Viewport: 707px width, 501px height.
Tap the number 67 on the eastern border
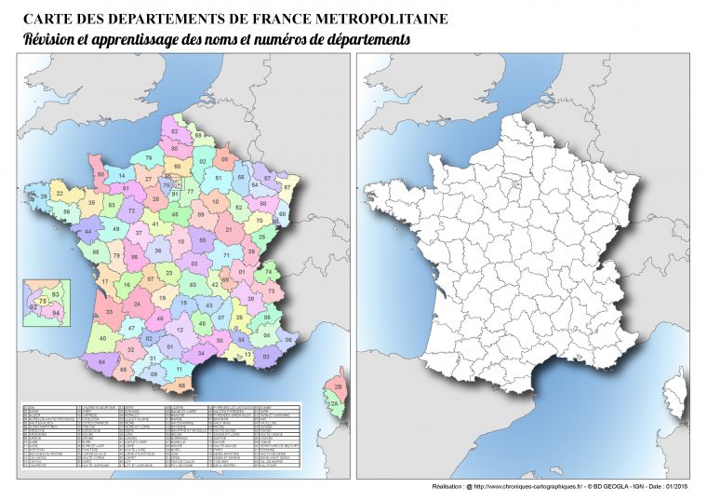[287, 187]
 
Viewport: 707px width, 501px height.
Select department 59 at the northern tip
[198, 137]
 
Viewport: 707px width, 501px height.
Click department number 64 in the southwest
[101, 361]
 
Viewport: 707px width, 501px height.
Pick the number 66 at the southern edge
[182, 384]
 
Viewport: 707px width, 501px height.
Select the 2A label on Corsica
[332, 403]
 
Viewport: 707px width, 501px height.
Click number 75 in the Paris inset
[43, 302]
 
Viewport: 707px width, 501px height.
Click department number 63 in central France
[192, 286]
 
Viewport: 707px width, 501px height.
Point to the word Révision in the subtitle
[51, 40]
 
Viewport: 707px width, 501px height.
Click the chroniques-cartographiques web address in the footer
[527, 487]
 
